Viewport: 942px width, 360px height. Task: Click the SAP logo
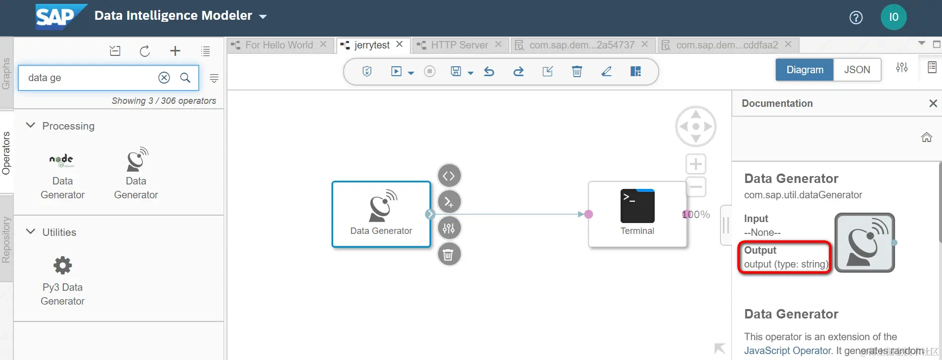tap(60, 17)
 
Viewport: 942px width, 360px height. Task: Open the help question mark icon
tap(856, 18)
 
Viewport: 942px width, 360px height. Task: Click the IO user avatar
tap(894, 17)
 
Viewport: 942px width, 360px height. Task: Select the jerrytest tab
tap(371, 45)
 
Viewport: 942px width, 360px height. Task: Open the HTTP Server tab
tap(459, 45)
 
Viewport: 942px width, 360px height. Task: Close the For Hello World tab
tap(323, 45)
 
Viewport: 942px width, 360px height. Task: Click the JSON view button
tap(857, 70)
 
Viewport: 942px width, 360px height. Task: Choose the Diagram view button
tap(805, 70)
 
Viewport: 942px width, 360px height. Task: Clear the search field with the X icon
tap(164, 78)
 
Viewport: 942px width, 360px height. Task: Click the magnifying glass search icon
tap(185, 78)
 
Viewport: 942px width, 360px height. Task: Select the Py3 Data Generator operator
tap(63, 279)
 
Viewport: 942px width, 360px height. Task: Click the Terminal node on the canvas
tap(637, 214)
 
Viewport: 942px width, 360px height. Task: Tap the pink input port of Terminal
tap(588, 214)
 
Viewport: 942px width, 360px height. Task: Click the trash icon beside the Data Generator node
tap(449, 255)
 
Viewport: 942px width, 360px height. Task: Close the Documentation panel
tap(933, 103)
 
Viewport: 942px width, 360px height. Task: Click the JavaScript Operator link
tap(788, 351)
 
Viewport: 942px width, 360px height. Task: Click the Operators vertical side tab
tap(6, 153)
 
